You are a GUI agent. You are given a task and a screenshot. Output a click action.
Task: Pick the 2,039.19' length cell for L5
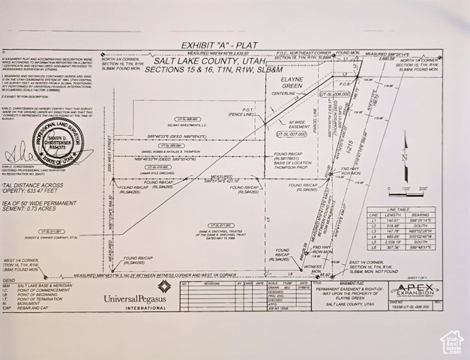[393, 242]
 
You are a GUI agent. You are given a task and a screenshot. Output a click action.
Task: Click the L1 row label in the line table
[374, 220]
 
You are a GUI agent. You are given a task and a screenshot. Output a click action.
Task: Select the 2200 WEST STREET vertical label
[109, 150]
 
